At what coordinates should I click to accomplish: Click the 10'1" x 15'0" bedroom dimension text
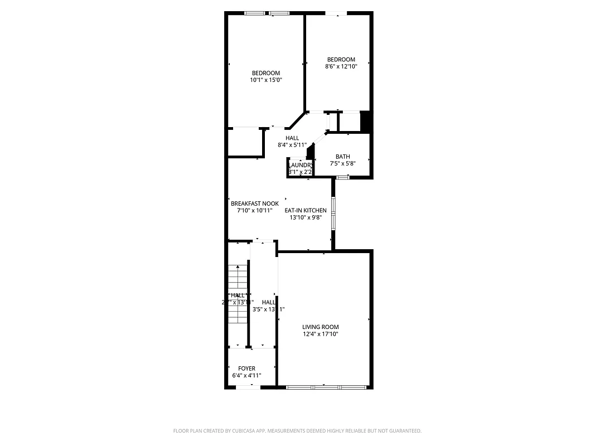click(266, 80)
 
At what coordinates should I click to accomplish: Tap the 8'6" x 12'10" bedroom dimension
click(341, 66)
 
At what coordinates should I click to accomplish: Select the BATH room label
click(342, 157)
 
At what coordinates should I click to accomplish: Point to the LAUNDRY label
click(300, 166)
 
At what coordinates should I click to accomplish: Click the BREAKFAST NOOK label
click(255, 204)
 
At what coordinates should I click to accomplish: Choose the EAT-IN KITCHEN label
click(306, 211)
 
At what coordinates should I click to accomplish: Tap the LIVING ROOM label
click(320, 327)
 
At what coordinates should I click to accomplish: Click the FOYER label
click(246, 369)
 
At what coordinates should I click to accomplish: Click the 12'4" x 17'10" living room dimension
click(320, 334)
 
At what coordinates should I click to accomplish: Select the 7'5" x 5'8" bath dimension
click(342, 164)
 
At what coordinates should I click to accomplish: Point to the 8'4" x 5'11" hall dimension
click(292, 145)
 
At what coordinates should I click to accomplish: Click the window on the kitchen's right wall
click(333, 212)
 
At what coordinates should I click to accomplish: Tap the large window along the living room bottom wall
click(326, 386)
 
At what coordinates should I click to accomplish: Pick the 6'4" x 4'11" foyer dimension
click(246, 376)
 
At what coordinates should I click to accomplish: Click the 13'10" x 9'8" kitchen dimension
click(306, 217)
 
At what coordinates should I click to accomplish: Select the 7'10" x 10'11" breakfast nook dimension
click(255, 211)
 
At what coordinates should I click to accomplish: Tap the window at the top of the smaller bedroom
click(336, 13)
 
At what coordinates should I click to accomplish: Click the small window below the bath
click(342, 177)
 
